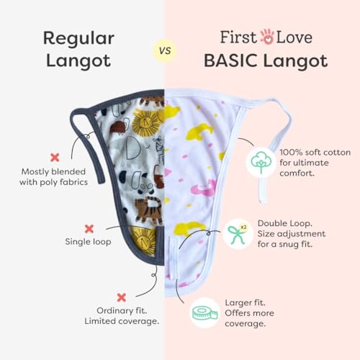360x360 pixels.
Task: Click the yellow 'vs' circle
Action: point(165,50)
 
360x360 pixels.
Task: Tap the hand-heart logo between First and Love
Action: point(267,37)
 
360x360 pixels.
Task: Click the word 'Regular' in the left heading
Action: point(78,39)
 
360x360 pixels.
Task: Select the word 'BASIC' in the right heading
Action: point(230,60)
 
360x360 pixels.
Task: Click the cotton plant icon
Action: point(261,162)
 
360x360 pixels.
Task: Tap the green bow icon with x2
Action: point(238,234)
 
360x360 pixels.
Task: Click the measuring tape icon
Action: point(204,313)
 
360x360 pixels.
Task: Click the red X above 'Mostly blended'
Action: point(55,158)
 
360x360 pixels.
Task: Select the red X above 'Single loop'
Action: point(89,229)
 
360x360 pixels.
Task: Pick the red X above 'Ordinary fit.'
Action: point(122,297)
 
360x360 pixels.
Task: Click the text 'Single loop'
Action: point(88,242)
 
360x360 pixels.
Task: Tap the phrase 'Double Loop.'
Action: point(285,223)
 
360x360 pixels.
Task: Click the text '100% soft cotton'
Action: point(315,153)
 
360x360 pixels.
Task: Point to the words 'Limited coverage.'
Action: point(122,321)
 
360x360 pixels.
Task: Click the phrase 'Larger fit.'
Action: point(245,303)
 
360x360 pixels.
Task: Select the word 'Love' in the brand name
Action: point(294,37)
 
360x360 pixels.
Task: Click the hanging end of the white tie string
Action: point(263,199)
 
